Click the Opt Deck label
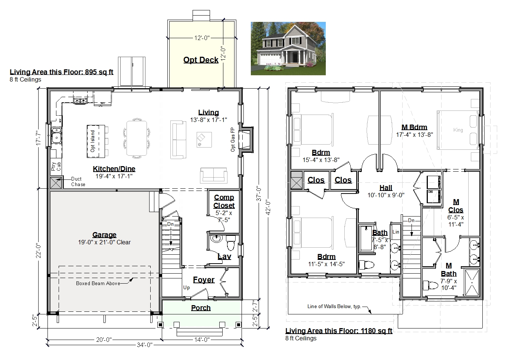coord(201,60)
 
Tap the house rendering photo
coord(288,49)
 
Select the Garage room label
coord(104,235)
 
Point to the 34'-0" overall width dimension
coord(144,345)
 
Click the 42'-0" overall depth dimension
coord(268,207)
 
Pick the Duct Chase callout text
coord(78,182)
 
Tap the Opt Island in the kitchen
coord(96,141)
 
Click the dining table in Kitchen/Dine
coord(137,138)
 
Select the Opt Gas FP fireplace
coord(246,139)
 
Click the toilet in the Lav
coord(231,242)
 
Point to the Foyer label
coord(204,280)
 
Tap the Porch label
coord(201,308)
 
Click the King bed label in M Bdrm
coord(458,130)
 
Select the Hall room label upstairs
coord(386,188)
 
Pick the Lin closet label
coord(396,232)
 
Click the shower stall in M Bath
coord(472,283)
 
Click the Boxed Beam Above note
coord(98,283)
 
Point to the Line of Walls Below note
coord(334,306)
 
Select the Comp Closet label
coord(224,201)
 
